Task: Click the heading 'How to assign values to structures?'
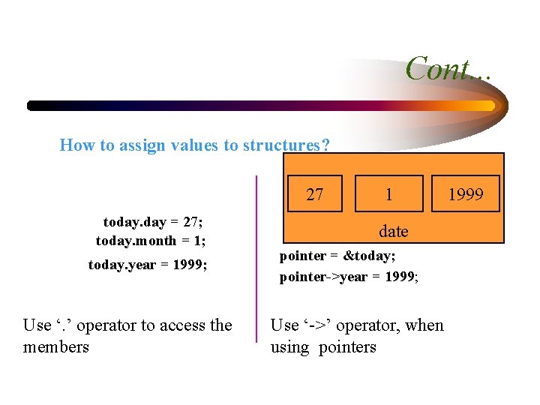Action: tap(194, 145)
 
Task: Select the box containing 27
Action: tap(315, 195)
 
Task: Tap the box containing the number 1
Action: tap(388, 195)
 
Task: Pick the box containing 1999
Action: tap(466, 195)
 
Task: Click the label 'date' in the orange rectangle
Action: tap(393, 231)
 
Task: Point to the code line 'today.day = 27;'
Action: tap(153, 222)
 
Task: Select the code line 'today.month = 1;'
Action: tap(150, 241)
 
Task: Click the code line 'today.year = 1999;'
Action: tap(148, 265)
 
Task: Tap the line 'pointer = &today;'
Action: tap(337, 256)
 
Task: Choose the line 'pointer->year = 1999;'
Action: tap(349, 277)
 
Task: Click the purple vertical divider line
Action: tap(256, 258)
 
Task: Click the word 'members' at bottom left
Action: tap(56, 346)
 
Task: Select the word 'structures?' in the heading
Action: tap(286, 145)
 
